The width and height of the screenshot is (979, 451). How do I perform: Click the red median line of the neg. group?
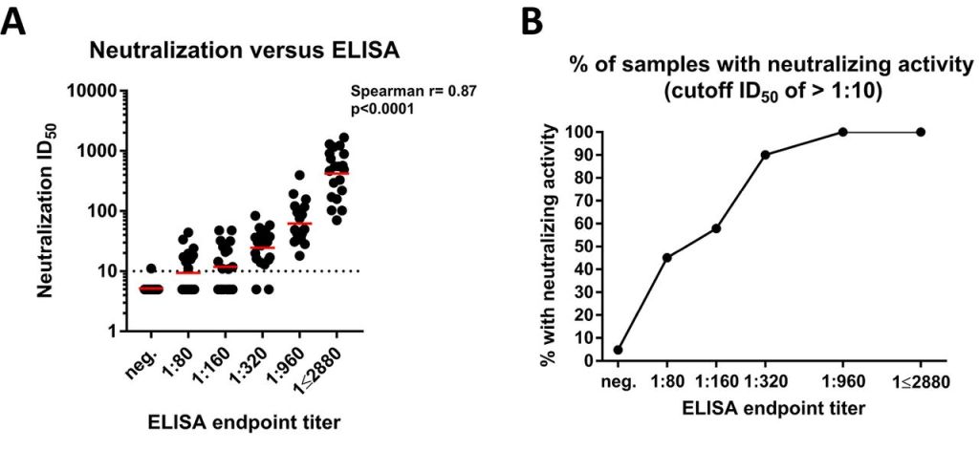tap(151, 288)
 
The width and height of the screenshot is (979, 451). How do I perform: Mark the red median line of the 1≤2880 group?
tap(337, 173)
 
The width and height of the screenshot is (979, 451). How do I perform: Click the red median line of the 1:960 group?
tap(299, 224)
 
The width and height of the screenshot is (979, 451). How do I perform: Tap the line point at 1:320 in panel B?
tap(766, 155)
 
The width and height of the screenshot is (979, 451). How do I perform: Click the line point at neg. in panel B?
tap(619, 350)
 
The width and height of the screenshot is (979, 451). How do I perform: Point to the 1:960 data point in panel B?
tap(842, 132)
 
